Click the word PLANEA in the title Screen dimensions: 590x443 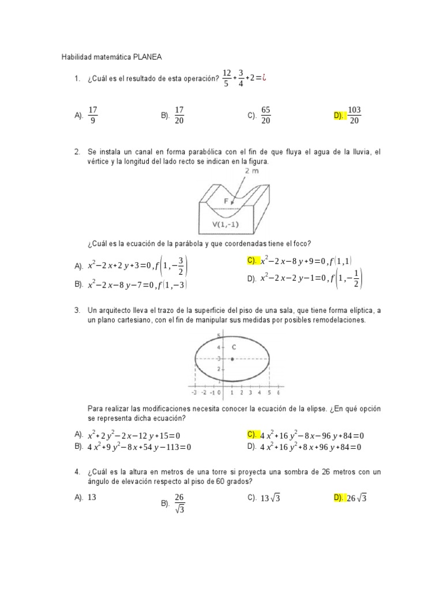click(x=148, y=57)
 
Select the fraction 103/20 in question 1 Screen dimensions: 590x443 click(x=355, y=115)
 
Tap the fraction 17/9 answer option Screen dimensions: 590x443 click(x=93, y=115)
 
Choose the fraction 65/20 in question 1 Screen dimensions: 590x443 click(x=266, y=115)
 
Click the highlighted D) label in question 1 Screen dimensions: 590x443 click(x=339, y=116)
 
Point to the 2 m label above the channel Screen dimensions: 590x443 click(x=252, y=171)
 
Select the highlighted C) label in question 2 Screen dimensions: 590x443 click(x=252, y=260)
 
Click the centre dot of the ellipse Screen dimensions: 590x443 click(x=232, y=358)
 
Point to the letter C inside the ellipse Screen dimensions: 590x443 click(x=234, y=347)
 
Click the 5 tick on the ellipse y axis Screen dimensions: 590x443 click(x=219, y=336)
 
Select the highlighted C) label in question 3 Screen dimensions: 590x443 click(x=252, y=434)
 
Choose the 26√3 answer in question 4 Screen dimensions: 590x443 click(x=356, y=499)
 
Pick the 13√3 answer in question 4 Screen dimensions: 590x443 click(x=270, y=499)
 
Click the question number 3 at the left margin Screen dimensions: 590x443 click(x=77, y=311)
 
